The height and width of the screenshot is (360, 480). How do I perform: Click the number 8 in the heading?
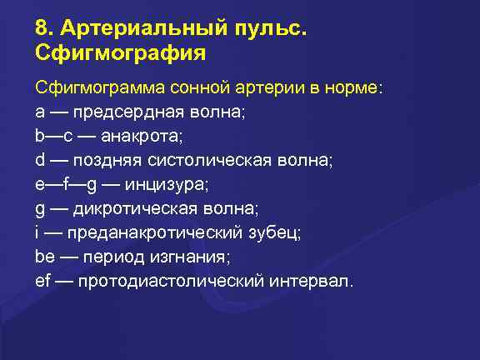(42, 29)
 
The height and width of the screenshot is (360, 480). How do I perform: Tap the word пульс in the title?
(267, 31)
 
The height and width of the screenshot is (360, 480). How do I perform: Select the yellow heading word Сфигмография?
(121, 55)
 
